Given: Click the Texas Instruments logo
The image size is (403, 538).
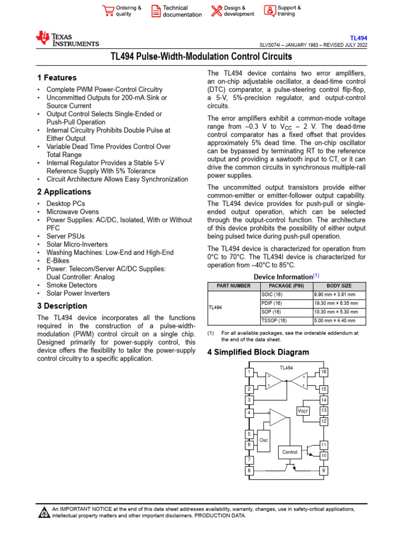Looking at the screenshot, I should (67, 39).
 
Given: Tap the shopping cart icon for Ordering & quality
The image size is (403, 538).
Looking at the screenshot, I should (108, 11).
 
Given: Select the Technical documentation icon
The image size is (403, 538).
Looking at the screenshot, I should (156, 11).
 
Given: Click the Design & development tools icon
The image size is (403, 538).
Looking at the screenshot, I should (216, 11).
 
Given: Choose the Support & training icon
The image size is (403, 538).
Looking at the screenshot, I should (269, 11).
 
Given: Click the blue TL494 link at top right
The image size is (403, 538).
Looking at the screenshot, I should (358, 38).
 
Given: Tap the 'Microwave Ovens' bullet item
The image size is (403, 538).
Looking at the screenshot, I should (72, 212).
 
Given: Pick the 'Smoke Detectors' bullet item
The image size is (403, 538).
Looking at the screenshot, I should (71, 285).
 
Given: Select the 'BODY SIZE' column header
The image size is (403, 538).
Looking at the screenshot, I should (340, 286).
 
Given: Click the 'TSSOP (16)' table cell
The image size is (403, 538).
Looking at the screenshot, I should (274, 320).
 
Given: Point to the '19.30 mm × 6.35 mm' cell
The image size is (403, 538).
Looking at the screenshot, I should (336, 303).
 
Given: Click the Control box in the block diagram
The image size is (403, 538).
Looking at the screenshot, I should (290, 452).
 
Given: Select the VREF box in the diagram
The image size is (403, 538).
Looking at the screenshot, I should (303, 410).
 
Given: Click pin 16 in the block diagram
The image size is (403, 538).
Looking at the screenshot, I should (324, 372).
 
